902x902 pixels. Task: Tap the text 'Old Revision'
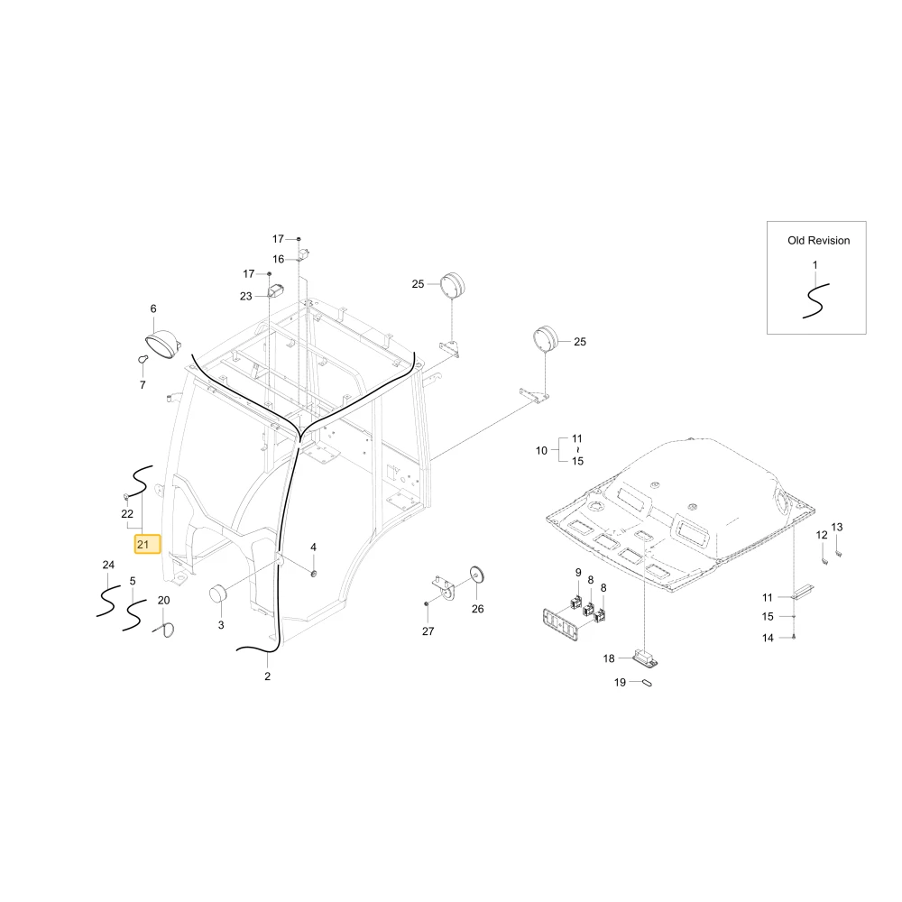click(x=819, y=241)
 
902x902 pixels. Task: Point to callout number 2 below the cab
click(x=268, y=676)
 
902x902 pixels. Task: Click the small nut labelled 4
click(x=314, y=574)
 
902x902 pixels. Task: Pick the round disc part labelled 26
click(x=477, y=575)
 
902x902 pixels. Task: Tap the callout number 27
click(x=428, y=631)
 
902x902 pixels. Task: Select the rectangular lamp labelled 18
click(x=646, y=657)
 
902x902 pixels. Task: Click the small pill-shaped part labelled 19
click(x=646, y=682)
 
